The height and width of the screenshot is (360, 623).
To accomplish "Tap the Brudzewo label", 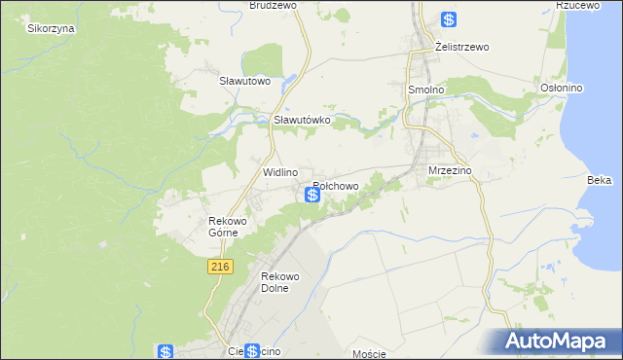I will tap(272, 5).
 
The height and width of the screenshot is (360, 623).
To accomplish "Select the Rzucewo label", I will tap(575, 5).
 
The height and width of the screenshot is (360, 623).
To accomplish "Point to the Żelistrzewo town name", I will tap(461, 47).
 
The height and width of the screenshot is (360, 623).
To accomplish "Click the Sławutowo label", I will tap(243, 81).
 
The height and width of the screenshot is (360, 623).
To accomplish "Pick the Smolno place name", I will tap(425, 89).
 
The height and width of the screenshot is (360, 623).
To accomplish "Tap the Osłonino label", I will tap(561, 88).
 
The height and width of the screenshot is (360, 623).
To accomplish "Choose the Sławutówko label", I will tap(302, 120).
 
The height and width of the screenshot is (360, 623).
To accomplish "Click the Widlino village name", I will tap(280, 171).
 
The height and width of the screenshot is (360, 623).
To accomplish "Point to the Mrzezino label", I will tap(450, 170).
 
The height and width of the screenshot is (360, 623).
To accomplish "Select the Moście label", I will tap(370, 354).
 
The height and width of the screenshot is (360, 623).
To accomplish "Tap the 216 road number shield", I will tap(219, 267).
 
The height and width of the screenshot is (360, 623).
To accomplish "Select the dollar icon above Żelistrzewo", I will tap(448, 19).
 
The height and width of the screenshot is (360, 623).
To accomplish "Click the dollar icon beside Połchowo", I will tap(312, 195).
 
